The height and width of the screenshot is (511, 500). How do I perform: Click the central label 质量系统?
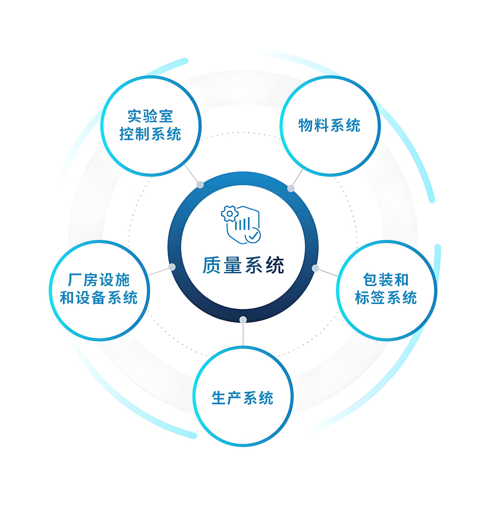pos(243,265)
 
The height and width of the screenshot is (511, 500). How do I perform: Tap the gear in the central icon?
pos(230,214)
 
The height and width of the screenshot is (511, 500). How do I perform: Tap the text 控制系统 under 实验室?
pos(150,134)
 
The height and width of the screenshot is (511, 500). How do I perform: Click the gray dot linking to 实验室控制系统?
pos(200,185)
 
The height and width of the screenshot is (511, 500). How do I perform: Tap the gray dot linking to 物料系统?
pos(291,188)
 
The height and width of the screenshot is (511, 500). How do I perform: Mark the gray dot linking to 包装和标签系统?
pos(315,268)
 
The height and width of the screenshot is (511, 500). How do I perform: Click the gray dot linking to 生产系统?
pos(243,320)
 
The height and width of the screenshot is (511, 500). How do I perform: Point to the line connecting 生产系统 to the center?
pos(243,334)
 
